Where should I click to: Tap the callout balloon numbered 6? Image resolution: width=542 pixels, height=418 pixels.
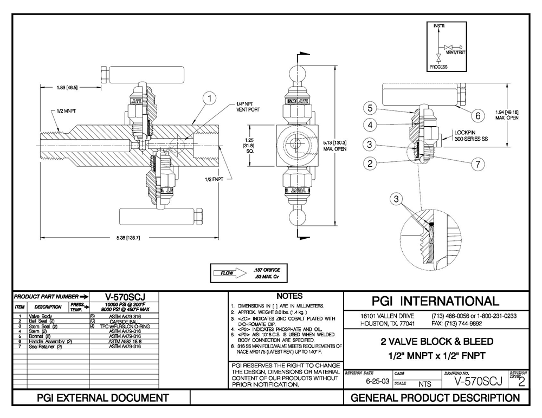click(x=478, y=115)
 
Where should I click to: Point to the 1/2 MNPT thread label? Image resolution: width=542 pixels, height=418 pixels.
click(x=66, y=110)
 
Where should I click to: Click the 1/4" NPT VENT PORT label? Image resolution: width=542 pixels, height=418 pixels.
click(x=248, y=106)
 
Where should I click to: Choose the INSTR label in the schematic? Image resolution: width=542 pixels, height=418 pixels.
click(x=438, y=26)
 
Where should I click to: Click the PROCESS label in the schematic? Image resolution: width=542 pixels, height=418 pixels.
click(x=438, y=67)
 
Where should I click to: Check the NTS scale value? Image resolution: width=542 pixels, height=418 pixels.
click(x=424, y=384)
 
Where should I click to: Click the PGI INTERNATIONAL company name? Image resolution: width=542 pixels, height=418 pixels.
click(x=437, y=301)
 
